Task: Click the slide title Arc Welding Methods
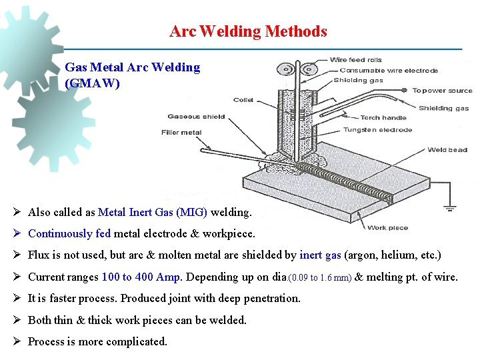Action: pyautogui.click(x=248, y=31)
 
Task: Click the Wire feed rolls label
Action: pyautogui.click(x=356, y=61)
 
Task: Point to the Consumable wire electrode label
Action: pyautogui.click(x=389, y=71)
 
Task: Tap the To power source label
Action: pyautogui.click(x=441, y=91)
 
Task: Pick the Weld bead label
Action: pyautogui.click(x=447, y=150)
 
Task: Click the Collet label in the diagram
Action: pyautogui.click(x=243, y=101)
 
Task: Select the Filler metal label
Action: pyautogui.click(x=181, y=133)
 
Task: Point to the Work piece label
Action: pyautogui.click(x=387, y=228)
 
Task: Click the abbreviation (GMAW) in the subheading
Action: pyautogui.click(x=93, y=84)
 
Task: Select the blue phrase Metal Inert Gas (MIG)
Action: pyautogui.click(x=153, y=213)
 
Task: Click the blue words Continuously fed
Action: pyautogui.click(x=69, y=234)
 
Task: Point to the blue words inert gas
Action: pyautogui.click(x=320, y=255)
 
